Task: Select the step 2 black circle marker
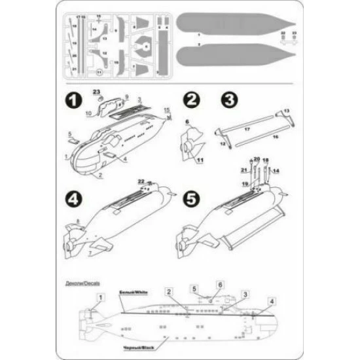[x=192, y=101]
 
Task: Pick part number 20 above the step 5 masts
[x=257, y=159]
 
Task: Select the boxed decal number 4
[x=272, y=300]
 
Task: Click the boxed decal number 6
[x=221, y=285]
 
